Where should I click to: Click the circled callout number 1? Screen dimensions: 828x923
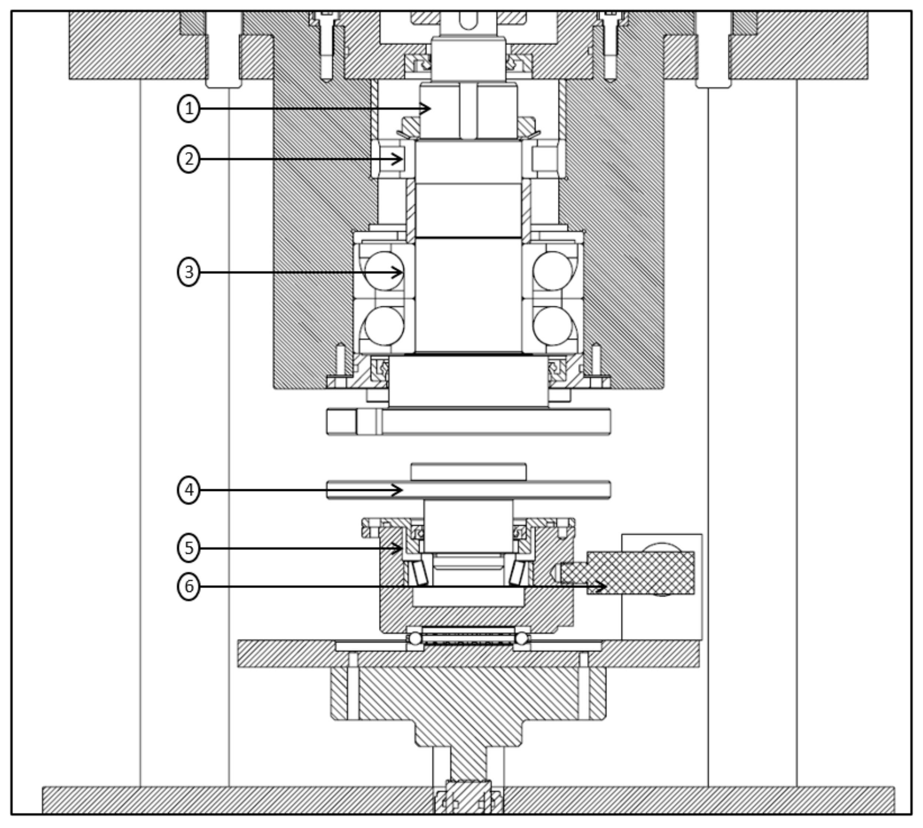click(x=189, y=109)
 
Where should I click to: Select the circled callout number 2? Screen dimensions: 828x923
click(x=189, y=159)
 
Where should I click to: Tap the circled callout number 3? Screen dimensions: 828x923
click(x=189, y=272)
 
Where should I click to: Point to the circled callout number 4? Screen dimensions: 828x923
click(x=189, y=490)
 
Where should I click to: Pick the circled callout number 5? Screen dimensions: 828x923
click(x=189, y=548)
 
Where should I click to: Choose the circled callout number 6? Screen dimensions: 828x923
click(x=189, y=586)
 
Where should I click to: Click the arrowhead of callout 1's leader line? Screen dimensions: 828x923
click(x=427, y=108)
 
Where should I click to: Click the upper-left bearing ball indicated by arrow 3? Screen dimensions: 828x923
click(x=385, y=271)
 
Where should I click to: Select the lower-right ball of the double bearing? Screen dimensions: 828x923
click(x=552, y=326)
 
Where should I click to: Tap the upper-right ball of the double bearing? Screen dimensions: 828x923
click(x=552, y=271)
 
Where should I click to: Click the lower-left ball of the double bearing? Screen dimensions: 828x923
click(x=385, y=326)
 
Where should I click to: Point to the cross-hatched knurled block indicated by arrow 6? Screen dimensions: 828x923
click(x=641, y=573)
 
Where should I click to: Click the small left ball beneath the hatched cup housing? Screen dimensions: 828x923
click(x=415, y=638)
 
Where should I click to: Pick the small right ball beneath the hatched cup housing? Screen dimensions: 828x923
click(x=521, y=638)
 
